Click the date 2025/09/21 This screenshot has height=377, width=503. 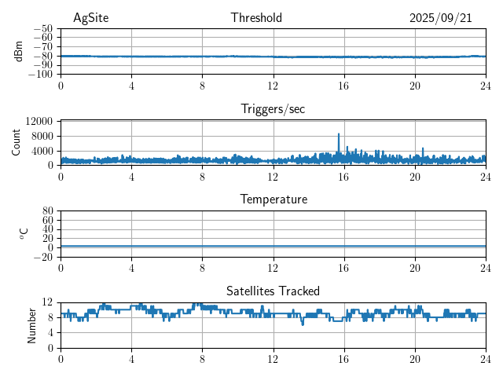click(x=440, y=18)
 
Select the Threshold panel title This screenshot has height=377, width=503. click(x=256, y=18)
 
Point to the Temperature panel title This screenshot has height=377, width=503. click(x=274, y=199)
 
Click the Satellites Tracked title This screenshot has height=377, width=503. click(x=273, y=291)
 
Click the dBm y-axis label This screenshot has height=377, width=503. click(x=18, y=51)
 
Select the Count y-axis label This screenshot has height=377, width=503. click(x=17, y=142)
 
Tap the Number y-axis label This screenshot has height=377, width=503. click(x=32, y=324)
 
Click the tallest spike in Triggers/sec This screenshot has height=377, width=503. click(x=339, y=134)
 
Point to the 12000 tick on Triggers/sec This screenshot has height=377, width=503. click(x=39, y=121)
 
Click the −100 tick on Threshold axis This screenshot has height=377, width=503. click(x=41, y=75)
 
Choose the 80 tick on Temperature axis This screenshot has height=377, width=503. click(x=47, y=210)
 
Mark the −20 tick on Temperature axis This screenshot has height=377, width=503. click(x=43, y=257)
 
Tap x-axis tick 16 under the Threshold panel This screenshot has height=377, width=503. click(x=344, y=86)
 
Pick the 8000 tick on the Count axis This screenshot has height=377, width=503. click(x=42, y=136)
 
